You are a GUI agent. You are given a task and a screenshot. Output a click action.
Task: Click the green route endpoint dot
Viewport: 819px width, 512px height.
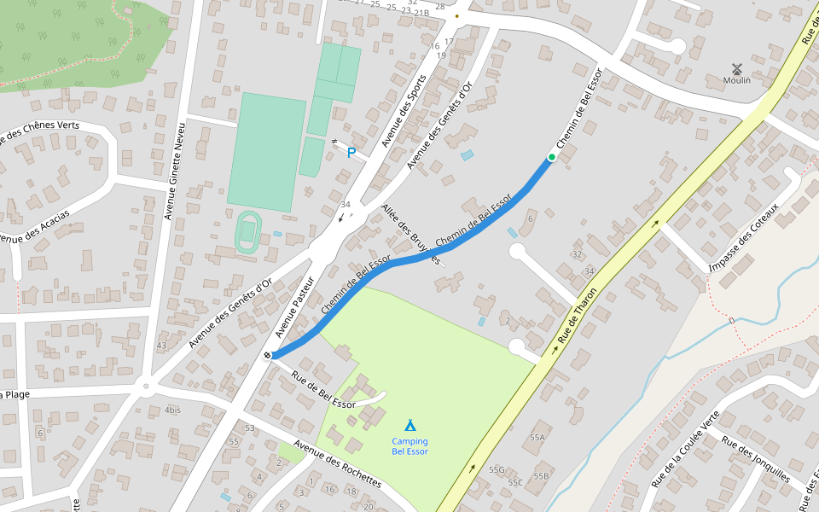[x=551, y=157]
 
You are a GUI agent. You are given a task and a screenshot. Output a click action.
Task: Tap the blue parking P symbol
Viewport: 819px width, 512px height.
[x=351, y=154]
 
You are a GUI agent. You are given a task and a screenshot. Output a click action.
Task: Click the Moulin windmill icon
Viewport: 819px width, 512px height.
[x=736, y=67]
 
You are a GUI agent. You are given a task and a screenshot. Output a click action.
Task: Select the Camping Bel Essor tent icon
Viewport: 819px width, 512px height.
[x=409, y=425]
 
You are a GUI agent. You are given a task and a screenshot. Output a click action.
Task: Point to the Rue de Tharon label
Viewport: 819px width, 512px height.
[x=576, y=317]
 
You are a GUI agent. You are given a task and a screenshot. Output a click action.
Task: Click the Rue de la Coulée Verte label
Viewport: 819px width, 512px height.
[x=685, y=450]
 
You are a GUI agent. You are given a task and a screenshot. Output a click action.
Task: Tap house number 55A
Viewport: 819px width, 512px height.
[x=537, y=437]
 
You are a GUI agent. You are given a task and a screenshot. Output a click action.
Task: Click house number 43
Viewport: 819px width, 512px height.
[x=161, y=346]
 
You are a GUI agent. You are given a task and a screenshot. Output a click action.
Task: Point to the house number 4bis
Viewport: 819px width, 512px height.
[x=172, y=410]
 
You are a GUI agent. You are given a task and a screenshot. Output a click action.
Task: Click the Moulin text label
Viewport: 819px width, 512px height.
[x=736, y=81]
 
